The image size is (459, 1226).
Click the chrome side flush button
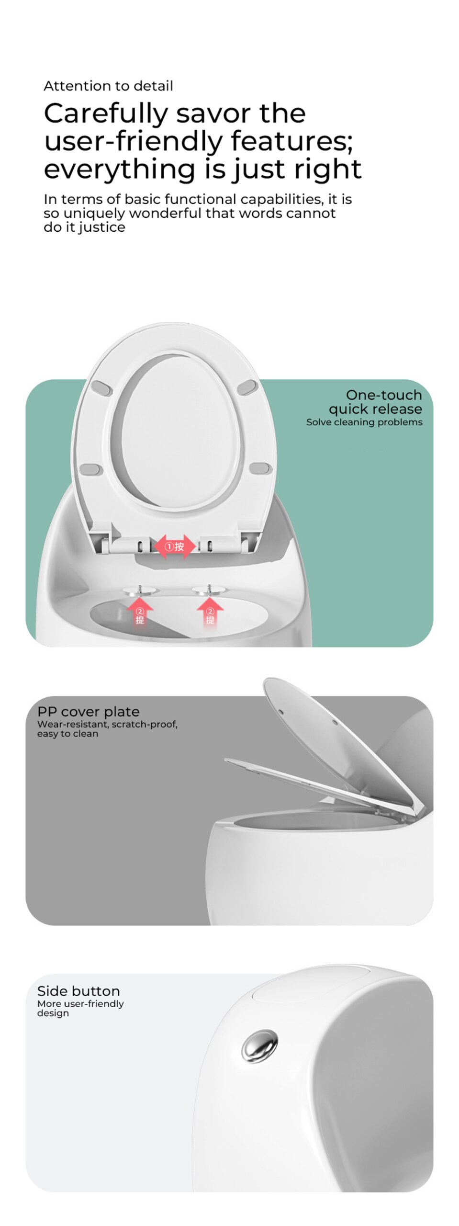coord(259,1045)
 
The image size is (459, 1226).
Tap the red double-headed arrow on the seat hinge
coord(175,546)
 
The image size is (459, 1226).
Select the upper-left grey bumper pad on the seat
coord(101,387)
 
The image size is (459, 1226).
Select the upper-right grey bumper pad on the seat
coord(247,387)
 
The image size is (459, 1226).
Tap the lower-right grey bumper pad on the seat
coord(261,468)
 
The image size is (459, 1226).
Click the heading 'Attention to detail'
coord(108,86)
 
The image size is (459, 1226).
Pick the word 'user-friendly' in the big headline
coord(134,142)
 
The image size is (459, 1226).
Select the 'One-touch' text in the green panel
coord(384,395)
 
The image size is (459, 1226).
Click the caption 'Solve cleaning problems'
coord(364,422)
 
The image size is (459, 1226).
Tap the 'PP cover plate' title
coord(89,712)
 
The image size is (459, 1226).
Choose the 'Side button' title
coord(78,991)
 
